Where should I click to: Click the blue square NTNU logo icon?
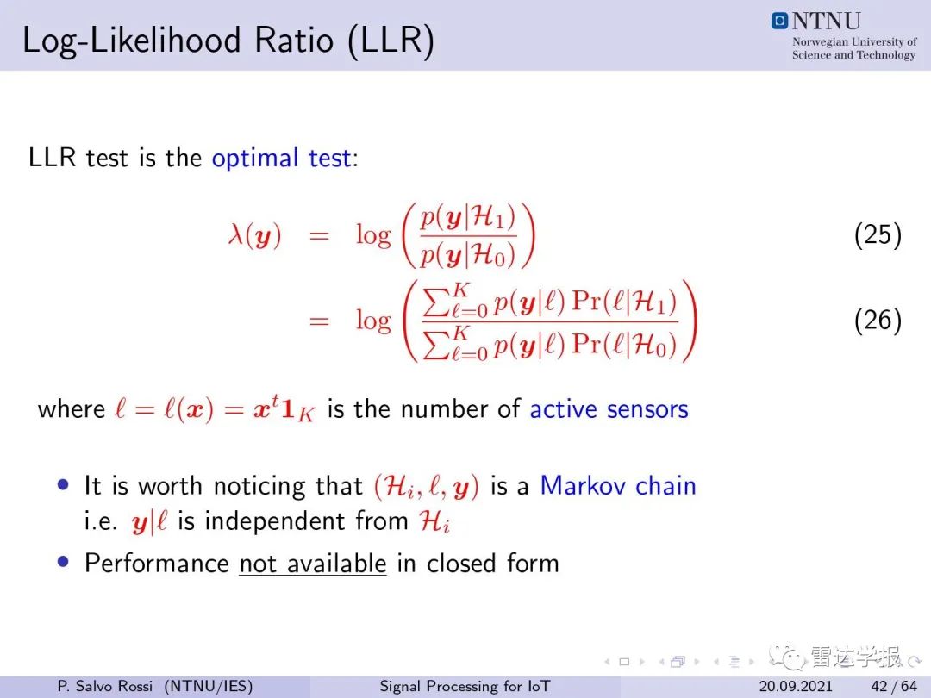tap(779, 21)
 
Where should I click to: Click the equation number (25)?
tap(878, 234)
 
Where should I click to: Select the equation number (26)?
tap(878, 320)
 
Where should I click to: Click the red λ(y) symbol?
tap(254, 235)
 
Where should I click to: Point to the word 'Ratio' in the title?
tap(294, 41)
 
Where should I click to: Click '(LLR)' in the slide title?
tap(391, 41)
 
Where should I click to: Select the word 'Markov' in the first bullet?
tap(582, 485)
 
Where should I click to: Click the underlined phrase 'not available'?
tap(313, 564)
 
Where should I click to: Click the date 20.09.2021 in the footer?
tap(796, 686)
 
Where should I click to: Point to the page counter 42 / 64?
tap(894, 686)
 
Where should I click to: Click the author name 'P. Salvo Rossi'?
tap(105, 686)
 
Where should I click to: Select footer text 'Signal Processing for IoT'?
tap(465, 686)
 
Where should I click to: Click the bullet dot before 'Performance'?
tap(64, 562)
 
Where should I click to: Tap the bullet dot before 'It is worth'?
tap(64, 484)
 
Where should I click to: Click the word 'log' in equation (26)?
tap(373, 321)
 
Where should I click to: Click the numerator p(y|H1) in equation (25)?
tap(468, 218)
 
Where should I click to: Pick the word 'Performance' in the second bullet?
tap(157, 564)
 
